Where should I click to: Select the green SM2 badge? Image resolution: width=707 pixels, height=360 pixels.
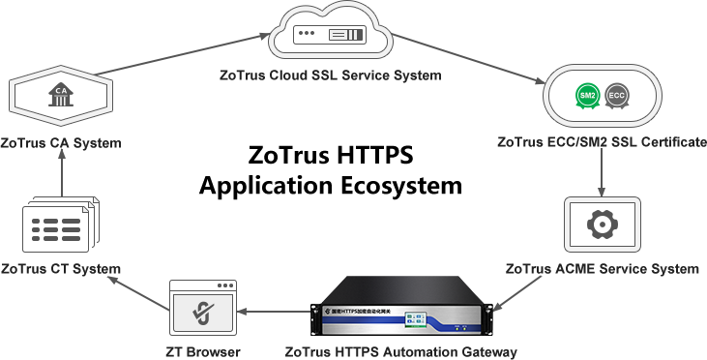click(586, 95)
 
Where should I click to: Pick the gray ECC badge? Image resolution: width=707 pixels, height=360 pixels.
click(618, 95)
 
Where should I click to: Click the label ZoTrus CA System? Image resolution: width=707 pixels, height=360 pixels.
click(61, 144)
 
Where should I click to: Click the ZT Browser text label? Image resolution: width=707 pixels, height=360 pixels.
click(201, 350)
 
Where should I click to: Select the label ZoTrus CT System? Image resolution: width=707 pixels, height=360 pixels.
click(61, 268)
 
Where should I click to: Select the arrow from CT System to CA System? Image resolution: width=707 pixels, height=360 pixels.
click(60, 176)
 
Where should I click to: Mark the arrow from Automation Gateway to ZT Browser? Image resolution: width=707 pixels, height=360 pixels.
click(271, 311)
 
